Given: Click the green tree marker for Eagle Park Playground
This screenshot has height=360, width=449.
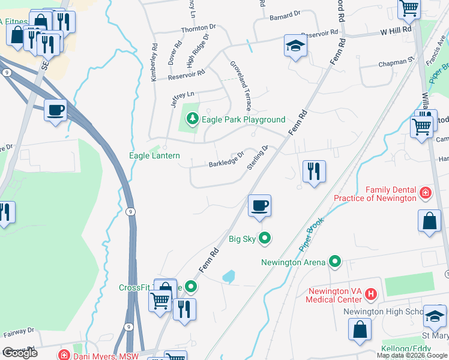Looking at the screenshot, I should coord(192,119).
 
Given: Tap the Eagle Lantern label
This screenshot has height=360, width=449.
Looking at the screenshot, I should coord(154,155).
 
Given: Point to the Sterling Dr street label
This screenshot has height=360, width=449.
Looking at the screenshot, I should coord(256,157).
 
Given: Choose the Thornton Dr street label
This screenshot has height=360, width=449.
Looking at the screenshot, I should coord(198,28).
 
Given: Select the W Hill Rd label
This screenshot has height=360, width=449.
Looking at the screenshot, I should coord(394,29).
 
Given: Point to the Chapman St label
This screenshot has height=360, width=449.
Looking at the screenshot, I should coord(397,61).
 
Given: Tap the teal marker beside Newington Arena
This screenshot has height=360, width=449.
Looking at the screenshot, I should coord(335,262).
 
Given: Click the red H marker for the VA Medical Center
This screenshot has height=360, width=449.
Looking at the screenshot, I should coord(371,294).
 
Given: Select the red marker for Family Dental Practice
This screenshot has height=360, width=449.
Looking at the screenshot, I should coord(425,193).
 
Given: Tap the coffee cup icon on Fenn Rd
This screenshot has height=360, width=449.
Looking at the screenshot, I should coord(259,206).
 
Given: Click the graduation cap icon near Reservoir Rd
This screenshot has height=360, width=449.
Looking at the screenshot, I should coord(295,46).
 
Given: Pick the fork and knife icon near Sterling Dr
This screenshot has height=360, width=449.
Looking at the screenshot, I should coord(314,171).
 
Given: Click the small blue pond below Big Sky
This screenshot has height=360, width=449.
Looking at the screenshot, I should coord(229,277).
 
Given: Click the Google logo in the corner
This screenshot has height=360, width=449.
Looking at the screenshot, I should coord(20,353).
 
